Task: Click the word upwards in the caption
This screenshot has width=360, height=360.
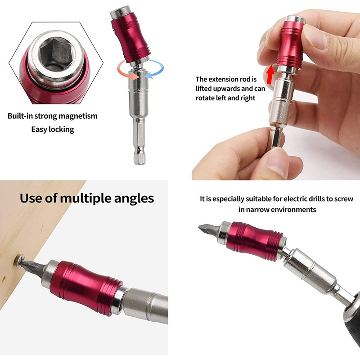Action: click(x=227, y=89)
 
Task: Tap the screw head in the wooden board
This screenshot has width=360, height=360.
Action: click(x=18, y=261)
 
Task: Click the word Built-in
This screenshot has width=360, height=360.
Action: click(x=21, y=116)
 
